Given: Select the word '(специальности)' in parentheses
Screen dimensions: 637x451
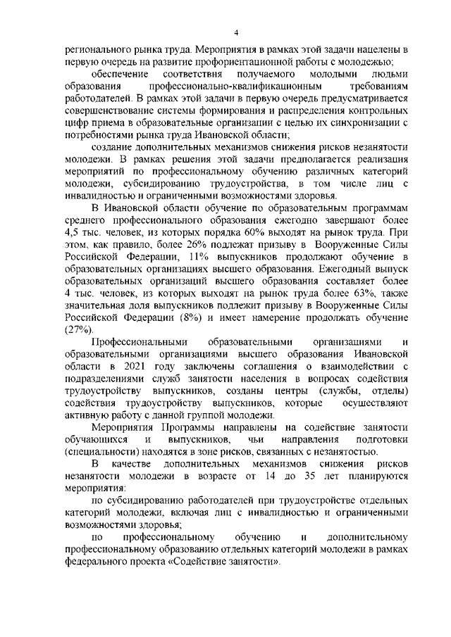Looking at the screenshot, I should tap(102, 452).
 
